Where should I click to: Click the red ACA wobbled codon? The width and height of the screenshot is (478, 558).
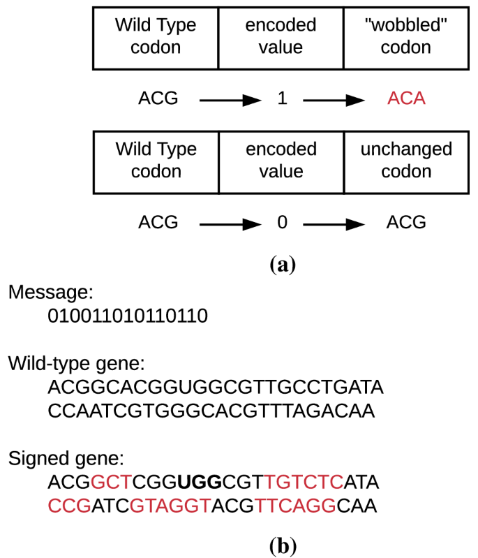pos(407,98)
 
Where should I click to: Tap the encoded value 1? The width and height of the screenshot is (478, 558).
pos(282,98)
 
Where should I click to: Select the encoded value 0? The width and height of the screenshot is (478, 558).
pos(282,223)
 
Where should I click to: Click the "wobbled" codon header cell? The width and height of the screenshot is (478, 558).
pos(406,37)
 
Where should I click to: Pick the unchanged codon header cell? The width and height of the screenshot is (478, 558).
pos(406,161)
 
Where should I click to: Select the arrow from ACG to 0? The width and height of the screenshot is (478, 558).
pos(230,224)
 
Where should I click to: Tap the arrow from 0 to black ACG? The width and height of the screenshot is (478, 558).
pos(334,224)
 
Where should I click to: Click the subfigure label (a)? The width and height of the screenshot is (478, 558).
pos(283,264)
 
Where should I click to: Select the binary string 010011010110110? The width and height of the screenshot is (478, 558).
pos(128,316)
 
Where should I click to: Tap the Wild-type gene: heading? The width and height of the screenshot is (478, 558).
pos(77,363)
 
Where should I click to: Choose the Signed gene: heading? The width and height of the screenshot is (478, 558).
pos(66,459)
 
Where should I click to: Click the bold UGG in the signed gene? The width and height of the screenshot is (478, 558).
pos(199,482)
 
